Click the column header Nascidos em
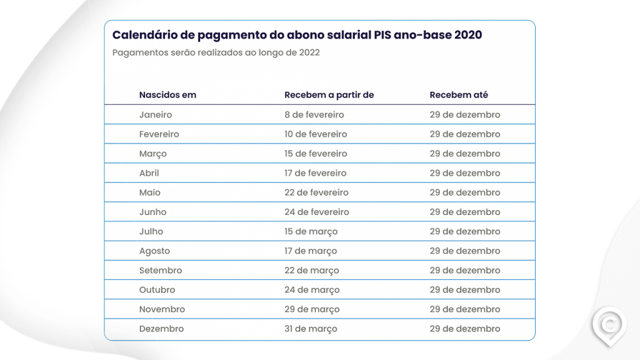167,95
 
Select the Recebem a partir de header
329,95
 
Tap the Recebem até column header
459,95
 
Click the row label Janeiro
156,115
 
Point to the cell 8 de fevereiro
314,115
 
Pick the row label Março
153,154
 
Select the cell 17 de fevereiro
315,173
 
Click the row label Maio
150,192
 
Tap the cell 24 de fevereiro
316,212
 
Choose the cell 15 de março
311,231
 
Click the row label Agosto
154,251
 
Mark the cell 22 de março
311,271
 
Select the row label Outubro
157,290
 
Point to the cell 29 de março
312,309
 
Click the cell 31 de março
311,329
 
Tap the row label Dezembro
161,329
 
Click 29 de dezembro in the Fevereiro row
464,134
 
